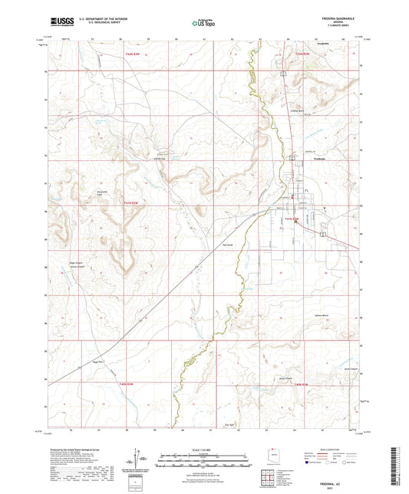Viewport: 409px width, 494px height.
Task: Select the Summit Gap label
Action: [x=162, y=159]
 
